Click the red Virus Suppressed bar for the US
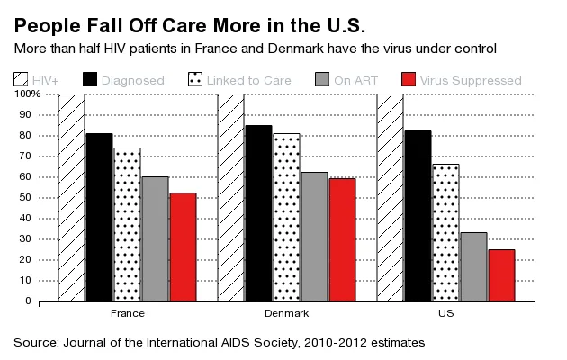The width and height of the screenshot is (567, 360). coord(501,274)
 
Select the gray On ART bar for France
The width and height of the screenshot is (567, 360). coord(155,238)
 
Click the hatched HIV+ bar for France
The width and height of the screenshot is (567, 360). coord(72,197)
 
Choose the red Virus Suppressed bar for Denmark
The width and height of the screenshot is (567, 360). coord(342,239)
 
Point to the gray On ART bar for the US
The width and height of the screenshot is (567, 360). coord(473,266)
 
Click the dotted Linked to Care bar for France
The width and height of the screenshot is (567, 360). coord(127,224)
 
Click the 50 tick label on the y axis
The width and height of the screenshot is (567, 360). coord(34,197)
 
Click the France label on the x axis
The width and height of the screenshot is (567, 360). coord(127,314)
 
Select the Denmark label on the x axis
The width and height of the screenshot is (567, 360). coord(286,314)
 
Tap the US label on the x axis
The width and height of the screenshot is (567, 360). coord(445,314)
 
